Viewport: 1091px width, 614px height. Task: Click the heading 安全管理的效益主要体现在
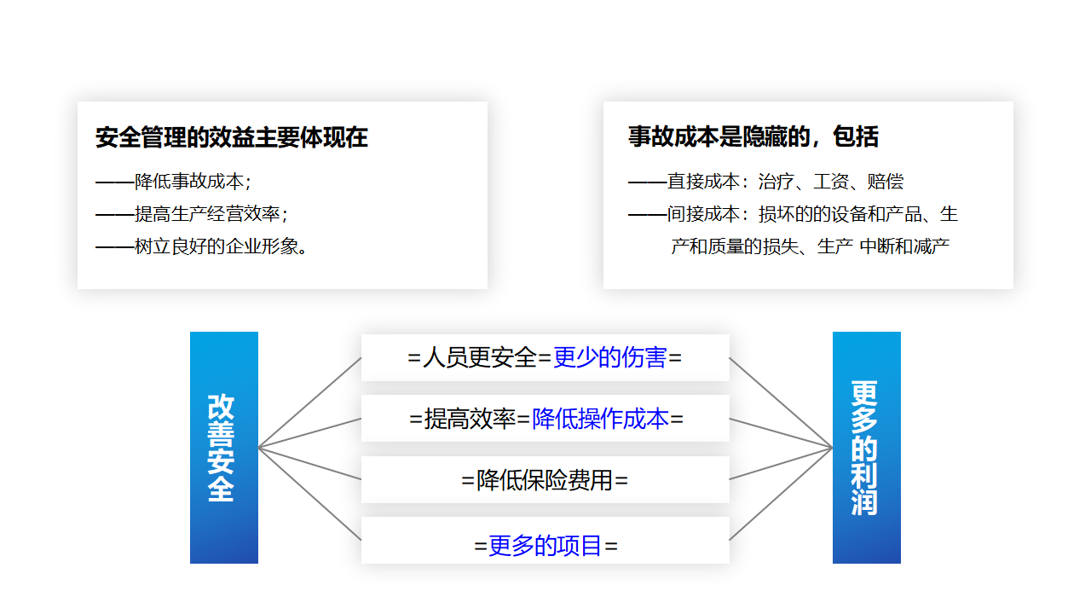(231, 137)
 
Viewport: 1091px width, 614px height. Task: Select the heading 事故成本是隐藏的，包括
(753, 136)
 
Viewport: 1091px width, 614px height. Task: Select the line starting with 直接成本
(766, 182)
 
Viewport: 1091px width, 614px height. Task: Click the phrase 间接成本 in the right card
(703, 214)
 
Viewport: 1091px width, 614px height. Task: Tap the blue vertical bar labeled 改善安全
(224, 448)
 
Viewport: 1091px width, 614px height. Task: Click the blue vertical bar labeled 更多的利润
(867, 448)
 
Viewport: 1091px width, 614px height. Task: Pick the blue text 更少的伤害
(609, 357)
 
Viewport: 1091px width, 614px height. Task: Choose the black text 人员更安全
(480, 357)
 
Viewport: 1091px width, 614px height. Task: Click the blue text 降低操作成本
(600, 419)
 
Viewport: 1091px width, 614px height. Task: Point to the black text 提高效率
(470, 419)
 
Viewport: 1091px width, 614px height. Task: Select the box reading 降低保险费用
(545, 479)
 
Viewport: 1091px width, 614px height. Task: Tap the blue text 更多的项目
(545, 545)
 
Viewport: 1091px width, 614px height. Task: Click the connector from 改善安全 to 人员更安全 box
(309, 403)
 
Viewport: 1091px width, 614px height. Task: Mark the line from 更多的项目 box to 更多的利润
(781, 494)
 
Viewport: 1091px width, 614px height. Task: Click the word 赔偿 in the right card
(886, 182)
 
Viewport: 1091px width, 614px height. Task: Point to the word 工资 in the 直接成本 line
(831, 182)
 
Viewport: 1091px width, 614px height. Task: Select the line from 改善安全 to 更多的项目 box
(309, 494)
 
